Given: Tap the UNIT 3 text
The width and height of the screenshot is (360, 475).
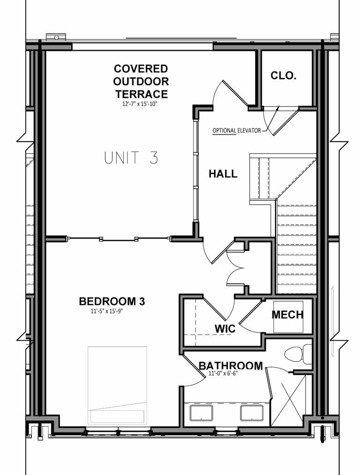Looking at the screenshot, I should [131, 158].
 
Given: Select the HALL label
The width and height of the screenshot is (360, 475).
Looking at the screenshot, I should [223, 174].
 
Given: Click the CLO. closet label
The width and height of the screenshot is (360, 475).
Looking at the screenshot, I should [284, 75].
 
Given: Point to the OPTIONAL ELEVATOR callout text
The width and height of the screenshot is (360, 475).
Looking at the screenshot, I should [236, 130].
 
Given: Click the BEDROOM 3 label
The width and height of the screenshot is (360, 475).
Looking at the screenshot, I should [112, 301].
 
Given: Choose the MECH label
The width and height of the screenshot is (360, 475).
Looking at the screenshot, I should [288, 315].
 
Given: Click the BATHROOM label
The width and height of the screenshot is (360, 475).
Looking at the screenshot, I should [230, 366].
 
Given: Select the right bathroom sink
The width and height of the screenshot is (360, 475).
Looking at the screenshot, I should [252, 413].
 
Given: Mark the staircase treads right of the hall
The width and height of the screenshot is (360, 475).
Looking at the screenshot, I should [295, 244].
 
